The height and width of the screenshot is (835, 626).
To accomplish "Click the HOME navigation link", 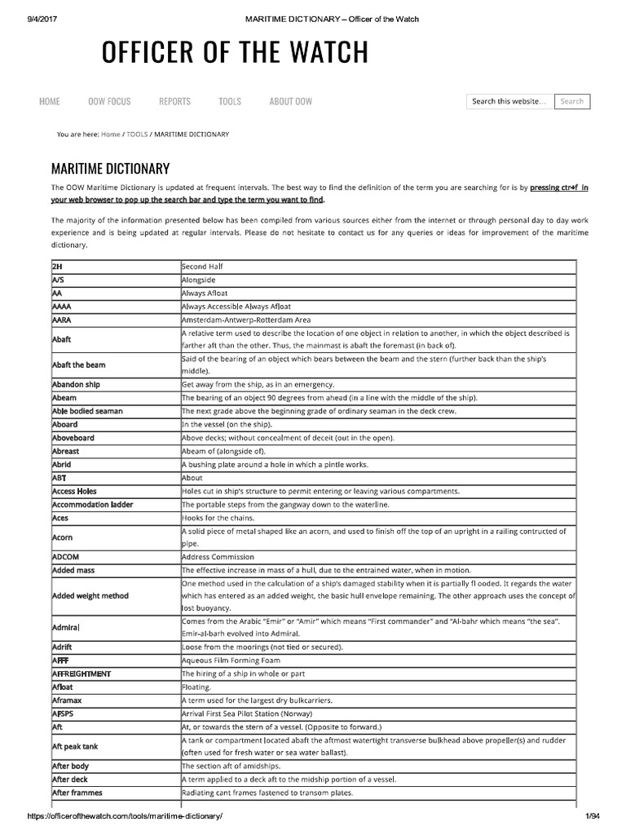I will [x=50, y=101].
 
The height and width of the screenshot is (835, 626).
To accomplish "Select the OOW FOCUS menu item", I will [x=109, y=101].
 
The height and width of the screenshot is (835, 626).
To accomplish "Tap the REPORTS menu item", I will [x=174, y=101].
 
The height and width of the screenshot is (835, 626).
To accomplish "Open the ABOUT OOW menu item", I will [x=290, y=101].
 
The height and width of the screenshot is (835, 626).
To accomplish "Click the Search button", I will [x=572, y=102].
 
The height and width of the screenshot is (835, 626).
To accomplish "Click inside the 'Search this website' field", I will [x=509, y=102].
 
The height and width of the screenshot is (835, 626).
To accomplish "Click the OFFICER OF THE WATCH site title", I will [x=235, y=53].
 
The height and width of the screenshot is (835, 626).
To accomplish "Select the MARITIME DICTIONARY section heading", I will [x=110, y=169].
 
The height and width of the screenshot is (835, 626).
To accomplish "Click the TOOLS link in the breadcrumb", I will [x=137, y=134].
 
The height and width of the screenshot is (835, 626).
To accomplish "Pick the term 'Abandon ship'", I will [x=76, y=384].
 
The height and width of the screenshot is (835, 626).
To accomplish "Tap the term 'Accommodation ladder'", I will [x=92, y=505].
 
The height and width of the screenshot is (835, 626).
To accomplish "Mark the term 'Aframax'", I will [x=68, y=700].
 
